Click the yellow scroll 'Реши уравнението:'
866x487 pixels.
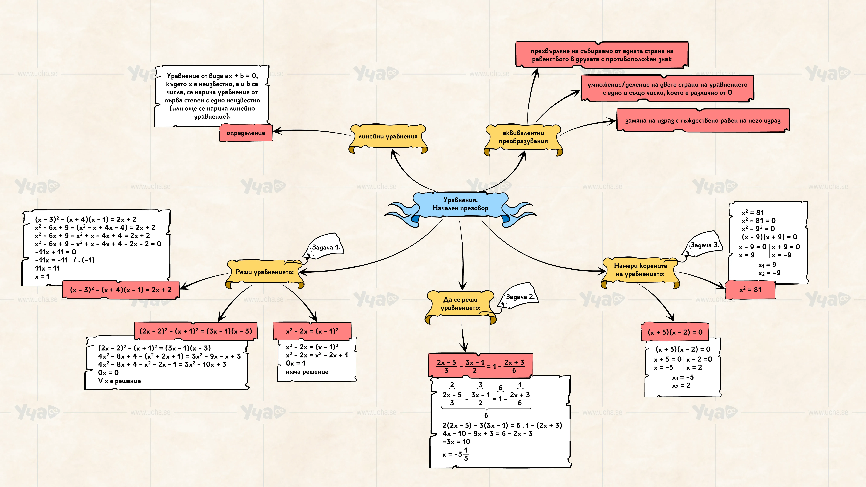click(265, 272)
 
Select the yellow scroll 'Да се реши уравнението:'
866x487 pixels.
click(461, 304)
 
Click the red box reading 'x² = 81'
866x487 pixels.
click(750, 290)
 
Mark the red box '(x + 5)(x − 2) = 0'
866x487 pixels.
click(675, 332)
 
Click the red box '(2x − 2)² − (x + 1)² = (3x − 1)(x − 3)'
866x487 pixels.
click(196, 331)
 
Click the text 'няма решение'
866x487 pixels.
click(307, 372)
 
